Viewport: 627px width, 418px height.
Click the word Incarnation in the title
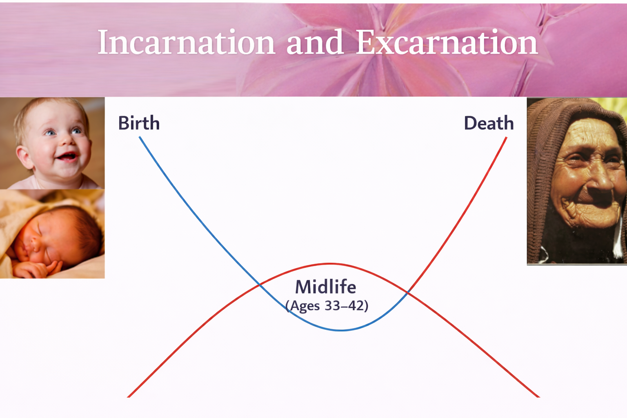coord(187,42)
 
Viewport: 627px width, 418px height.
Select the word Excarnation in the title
coord(447,42)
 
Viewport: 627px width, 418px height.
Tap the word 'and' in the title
coord(315,42)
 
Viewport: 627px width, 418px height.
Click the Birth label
coord(139,123)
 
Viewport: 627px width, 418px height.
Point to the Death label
coord(489,123)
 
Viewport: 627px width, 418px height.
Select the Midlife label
coord(325,287)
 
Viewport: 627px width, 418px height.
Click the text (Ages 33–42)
coord(327,305)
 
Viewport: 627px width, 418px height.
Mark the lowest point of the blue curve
coord(341,331)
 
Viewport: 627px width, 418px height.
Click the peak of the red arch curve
coord(330,263)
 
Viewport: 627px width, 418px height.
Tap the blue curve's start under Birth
coord(139,137)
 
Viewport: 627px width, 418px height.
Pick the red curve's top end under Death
coord(506,137)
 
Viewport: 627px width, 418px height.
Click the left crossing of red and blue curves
coord(260,285)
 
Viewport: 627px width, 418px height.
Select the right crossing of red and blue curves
coord(408,292)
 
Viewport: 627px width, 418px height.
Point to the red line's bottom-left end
coord(128,397)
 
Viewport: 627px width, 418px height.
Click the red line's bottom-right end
coord(539,397)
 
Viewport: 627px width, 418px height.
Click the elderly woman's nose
coord(602,179)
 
